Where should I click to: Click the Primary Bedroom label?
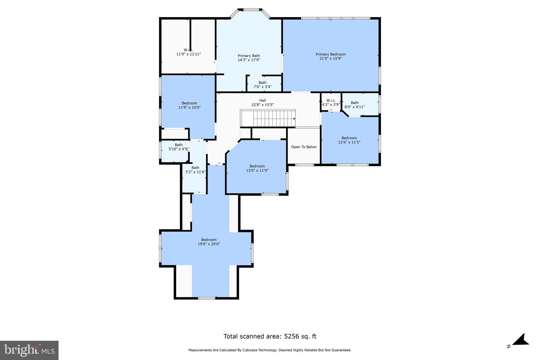[330, 54]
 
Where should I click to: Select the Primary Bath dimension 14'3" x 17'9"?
[249, 60]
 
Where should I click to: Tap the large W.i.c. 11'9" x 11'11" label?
[188, 52]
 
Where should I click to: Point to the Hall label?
[262, 100]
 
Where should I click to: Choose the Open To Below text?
[303, 147]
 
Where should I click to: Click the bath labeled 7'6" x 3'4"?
[262, 85]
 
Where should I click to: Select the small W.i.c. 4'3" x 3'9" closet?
[331, 102]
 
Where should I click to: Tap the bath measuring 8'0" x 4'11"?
[355, 105]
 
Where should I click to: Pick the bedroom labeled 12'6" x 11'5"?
[349, 140]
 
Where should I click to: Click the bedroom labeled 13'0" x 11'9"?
[257, 168]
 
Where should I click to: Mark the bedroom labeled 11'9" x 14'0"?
[189, 105]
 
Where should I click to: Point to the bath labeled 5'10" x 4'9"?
[179, 147]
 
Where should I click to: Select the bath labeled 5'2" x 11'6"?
[195, 170]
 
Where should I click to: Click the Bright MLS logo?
[29, 350]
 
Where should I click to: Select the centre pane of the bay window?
[251, 10]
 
